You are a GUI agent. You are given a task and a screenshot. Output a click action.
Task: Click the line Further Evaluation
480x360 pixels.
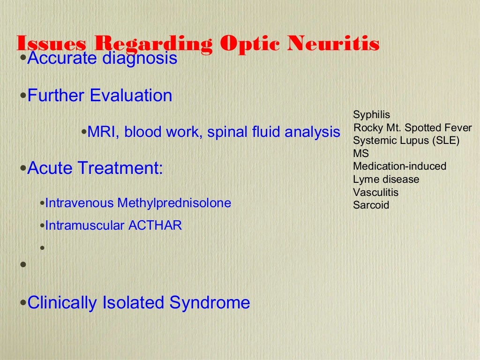click(100, 96)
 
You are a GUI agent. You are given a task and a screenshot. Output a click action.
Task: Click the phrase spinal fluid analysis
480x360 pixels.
click(273, 132)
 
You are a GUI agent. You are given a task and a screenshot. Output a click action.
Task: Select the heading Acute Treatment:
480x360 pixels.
click(95, 168)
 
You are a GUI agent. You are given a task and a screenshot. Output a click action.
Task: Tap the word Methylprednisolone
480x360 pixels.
click(174, 203)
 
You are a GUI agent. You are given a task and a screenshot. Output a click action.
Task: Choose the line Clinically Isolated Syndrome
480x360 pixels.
click(139, 302)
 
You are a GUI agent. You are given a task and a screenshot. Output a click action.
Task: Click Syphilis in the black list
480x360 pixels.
click(371, 115)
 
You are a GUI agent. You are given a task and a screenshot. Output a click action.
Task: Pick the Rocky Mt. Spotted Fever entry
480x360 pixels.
click(412, 128)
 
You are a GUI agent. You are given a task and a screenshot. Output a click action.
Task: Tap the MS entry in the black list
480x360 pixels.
click(361, 153)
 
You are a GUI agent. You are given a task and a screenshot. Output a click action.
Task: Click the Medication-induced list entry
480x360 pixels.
click(400, 166)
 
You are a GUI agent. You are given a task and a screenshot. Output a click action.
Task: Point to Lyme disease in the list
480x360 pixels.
click(386, 179)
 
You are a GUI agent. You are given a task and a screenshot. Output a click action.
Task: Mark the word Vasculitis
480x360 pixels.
click(376, 192)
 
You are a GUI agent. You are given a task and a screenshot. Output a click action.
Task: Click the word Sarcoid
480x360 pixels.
click(371, 205)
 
